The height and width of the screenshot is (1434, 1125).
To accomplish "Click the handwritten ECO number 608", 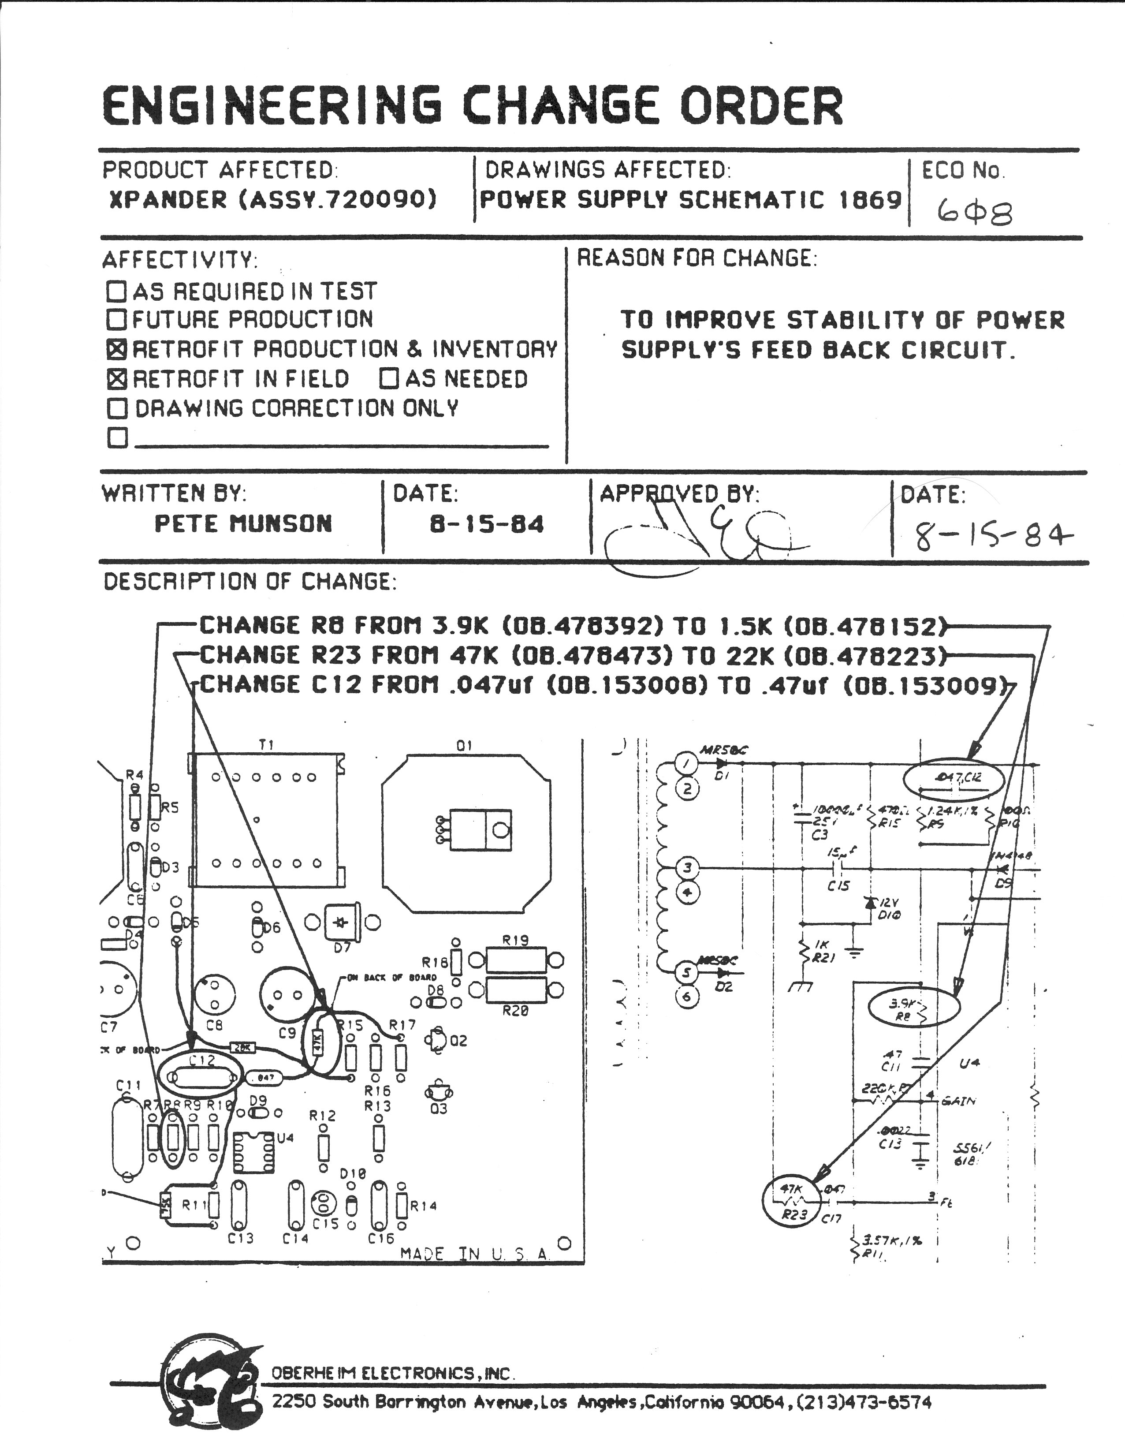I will [974, 213].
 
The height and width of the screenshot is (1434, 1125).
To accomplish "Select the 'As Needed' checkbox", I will [389, 379].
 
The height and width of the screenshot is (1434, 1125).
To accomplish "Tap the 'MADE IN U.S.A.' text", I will [475, 1254].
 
